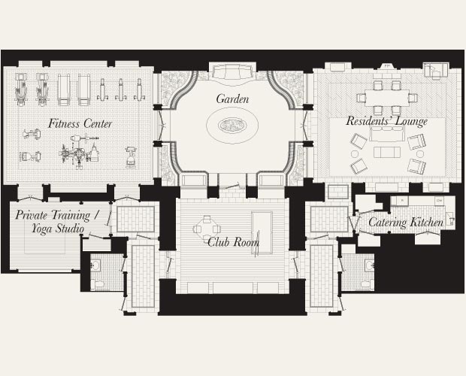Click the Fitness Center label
[80, 123]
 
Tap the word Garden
[232, 99]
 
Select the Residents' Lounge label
[386, 121]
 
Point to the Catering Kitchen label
[405, 223]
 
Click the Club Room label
[233, 242]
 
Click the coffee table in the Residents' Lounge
[387, 153]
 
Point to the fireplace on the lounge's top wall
[388, 66]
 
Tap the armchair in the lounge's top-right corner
[435, 71]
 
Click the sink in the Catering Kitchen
[449, 220]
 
